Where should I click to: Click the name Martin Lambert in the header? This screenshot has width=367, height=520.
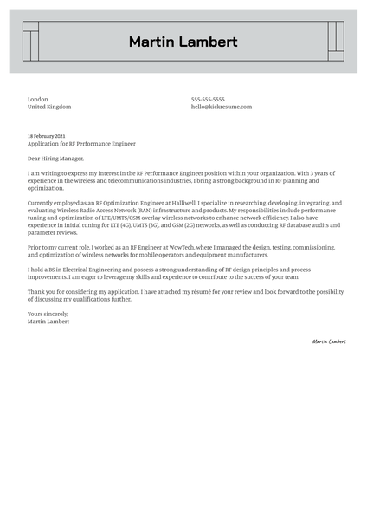183,42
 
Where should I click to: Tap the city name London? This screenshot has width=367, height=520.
38,100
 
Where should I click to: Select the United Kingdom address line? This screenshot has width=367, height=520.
49,107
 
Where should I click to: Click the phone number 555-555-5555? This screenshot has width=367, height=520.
208,100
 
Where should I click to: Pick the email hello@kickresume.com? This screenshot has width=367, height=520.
222,107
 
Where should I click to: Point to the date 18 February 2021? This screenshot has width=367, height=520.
46,136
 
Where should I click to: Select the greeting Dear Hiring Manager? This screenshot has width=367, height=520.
56,159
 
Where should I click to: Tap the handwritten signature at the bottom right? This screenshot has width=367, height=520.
329,341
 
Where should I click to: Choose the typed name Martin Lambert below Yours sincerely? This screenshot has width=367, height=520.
48,321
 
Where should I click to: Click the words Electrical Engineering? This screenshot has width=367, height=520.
84,270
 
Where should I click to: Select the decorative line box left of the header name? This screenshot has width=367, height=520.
30,42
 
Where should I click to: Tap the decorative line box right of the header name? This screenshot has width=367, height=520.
336,42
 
